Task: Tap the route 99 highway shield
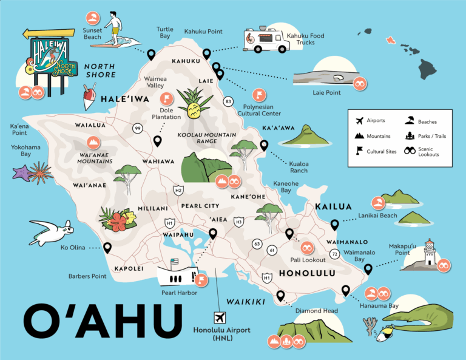pos(138,128)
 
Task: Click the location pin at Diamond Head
pos(280,296)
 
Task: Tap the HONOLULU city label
pos(306,273)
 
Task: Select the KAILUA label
pos(333,208)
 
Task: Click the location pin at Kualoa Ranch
pos(264,145)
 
